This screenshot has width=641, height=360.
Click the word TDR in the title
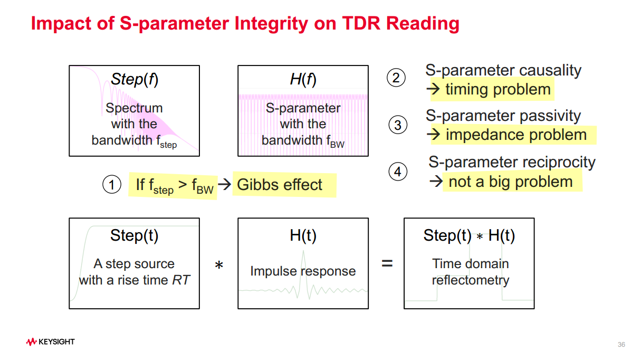(x=361, y=23)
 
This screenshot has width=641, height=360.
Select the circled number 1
(x=112, y=184)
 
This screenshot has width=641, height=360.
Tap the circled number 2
(x=396, y=78)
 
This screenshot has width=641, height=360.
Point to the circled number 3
(x=398, y=125)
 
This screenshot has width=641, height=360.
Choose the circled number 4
(x=398, y=172)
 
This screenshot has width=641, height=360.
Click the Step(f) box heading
(x=134, y=79)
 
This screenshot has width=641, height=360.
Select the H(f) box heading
(x=303, y=79)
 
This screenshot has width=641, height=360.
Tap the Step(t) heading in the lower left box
(x=134, y=235)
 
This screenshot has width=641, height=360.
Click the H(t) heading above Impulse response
(x=303, y=235)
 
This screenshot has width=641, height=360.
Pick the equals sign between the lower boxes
(x=387, y=263)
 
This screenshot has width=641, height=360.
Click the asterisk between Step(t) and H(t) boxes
(x=219, y=265)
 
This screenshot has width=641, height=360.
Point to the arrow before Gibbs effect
(x=224, y=184)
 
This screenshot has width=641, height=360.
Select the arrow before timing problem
(x=433, y=89)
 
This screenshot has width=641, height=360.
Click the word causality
(x=550, y=70)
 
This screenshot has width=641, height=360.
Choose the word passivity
(x=550, y=116)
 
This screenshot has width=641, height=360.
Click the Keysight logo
(x=50, y=342)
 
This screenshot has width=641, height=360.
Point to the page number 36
(x=621, y=345)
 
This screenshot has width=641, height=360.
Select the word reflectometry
(x=471, y=280)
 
